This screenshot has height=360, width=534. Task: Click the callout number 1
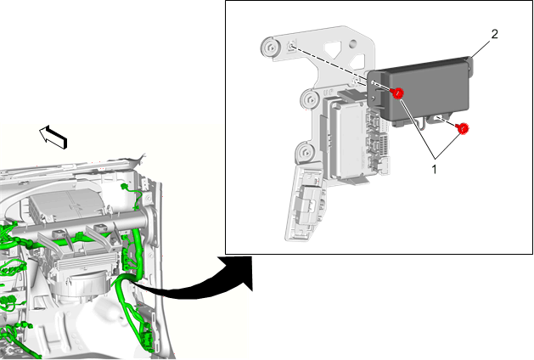tap(434, 169)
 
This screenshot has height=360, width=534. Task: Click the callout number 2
tap(494, 34)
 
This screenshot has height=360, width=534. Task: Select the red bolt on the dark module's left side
tap(397, 93)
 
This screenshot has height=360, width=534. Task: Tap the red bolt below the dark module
tap(462, 128)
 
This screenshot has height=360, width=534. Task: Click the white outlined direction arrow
tap(53, 137)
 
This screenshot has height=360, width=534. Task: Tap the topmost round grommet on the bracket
tap(271, 48)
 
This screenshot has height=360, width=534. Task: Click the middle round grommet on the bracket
tap(311, 100)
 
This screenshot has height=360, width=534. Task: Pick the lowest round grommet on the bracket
tap(305, 153)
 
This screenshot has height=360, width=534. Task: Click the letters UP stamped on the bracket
tap(328, 93)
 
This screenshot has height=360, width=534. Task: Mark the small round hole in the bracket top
tap(353, 43)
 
